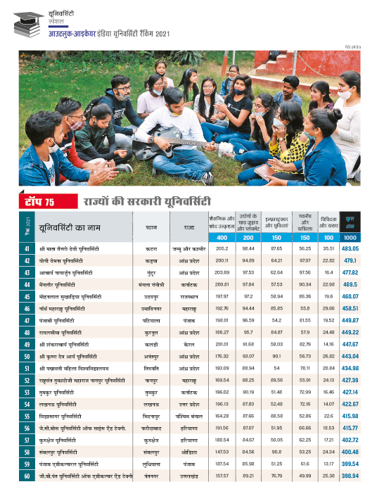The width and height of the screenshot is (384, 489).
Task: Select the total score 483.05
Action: click(350, 249)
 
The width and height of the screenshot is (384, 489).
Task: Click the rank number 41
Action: click(26, 249)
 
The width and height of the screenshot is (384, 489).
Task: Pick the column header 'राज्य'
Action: click(189, 227)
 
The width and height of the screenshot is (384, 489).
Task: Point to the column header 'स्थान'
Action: click(151, 227)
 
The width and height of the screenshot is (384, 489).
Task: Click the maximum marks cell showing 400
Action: click(223, 238)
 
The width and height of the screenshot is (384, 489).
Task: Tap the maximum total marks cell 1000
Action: click(350, 238)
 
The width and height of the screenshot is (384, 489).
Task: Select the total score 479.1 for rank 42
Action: click(350, 261)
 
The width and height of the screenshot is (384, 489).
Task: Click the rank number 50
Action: click(26, 357)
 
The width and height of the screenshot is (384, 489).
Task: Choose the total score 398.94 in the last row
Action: click(350, 476)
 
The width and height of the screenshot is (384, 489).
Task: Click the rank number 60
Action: click(26, 476)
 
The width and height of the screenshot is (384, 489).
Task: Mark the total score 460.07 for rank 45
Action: click(350, 297)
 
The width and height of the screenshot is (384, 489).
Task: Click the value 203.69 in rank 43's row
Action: click(223, 273)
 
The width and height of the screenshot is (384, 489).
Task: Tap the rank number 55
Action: click(26, 417)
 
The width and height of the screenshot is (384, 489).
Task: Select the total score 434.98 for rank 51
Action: click(350, 369)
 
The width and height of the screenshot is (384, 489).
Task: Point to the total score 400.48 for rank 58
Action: click(350, 452)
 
